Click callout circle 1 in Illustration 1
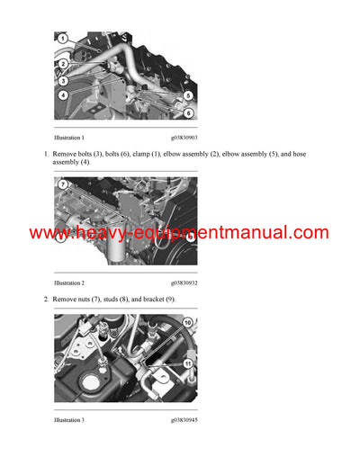[62, 39]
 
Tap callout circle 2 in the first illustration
[63, 64]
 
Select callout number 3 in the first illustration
[63, 80]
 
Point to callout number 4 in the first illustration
[63, 94]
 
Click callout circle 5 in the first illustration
[188, 95]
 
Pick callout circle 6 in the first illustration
[188, 112]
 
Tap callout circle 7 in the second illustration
[62, 184]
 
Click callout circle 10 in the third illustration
[187, 321]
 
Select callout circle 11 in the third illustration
[187, 363]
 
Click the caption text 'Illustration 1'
[69, 138]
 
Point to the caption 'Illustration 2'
[69, 282]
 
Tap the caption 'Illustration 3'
[69, 419]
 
